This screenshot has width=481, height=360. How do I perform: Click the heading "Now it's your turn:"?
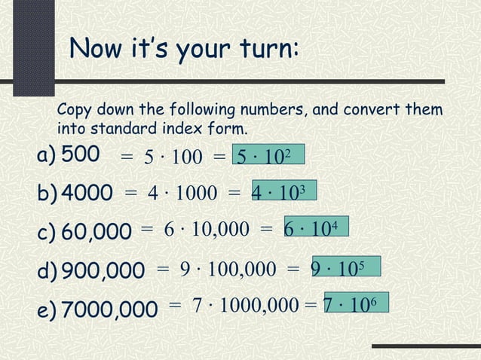point(185,50)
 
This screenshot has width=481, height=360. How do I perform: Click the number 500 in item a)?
point(80,154)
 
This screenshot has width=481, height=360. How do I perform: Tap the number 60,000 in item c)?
point(96,232)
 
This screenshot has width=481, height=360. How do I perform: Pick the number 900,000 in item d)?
point(103,270)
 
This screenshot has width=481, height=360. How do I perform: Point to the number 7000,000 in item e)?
point(109,308)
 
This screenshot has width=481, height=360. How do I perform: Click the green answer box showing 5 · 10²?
point(268,155)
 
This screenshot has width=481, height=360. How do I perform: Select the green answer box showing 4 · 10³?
point(283,191)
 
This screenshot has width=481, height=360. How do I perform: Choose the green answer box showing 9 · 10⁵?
point(345,267)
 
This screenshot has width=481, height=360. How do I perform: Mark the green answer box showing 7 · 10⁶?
point(356,303)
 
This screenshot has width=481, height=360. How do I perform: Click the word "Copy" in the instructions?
point(75,111)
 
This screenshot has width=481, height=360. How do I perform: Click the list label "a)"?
point(46,155)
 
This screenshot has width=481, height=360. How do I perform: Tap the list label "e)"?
point(46,308)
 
